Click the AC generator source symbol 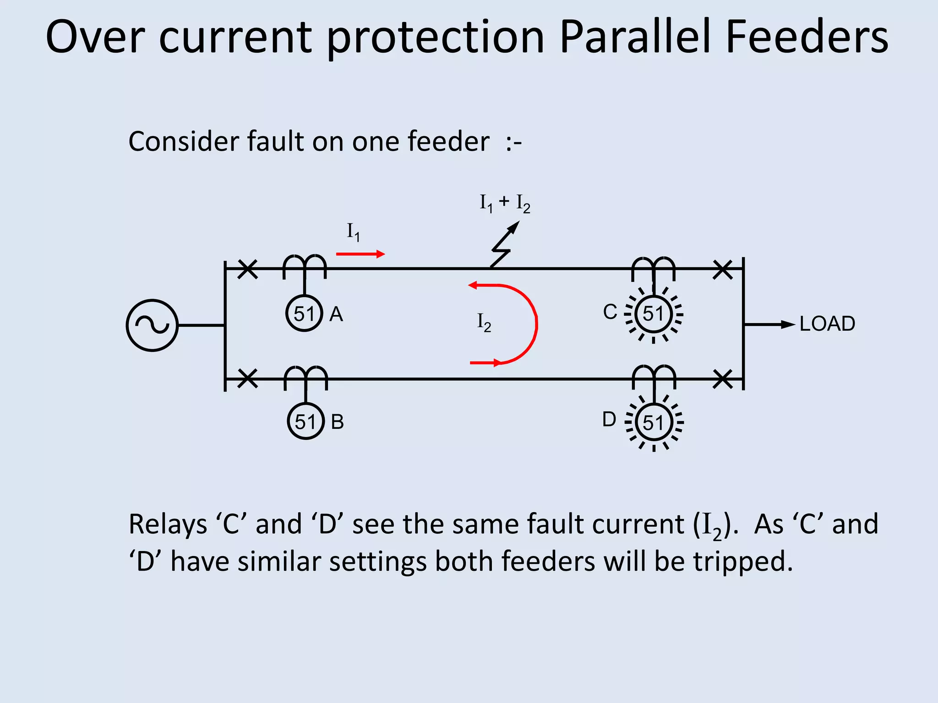pyautogui.click(x=152, y=325)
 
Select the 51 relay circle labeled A pyautogui.click(x=304, y=314)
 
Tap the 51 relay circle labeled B pyautogui.click(x=305, y=422)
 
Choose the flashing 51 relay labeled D pyautogui.click(x=654, y=422)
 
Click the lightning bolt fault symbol pyautogui.click(x=504, y=245)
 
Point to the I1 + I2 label pyautogui.click(x=505, y=203)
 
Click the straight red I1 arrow pyautogui.click(x=360, y=254)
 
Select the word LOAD pyautogui.click(x=827, y=324)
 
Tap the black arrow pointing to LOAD pyautogui.click(x=769, y=324)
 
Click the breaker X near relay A pyautogui.click(x=248, y=269)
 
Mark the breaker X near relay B pyautogui.click(x=248, y=379)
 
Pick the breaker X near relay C pyautogui.click(x=723, y=270)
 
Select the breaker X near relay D pyautogui.click(x=723, y=379)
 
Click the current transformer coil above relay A pyautogui.click(x=305, y=265)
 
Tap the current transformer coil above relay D pyautogui.click(x=654, y=376)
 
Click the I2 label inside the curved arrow pyautogui.click(x=484, y=323)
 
